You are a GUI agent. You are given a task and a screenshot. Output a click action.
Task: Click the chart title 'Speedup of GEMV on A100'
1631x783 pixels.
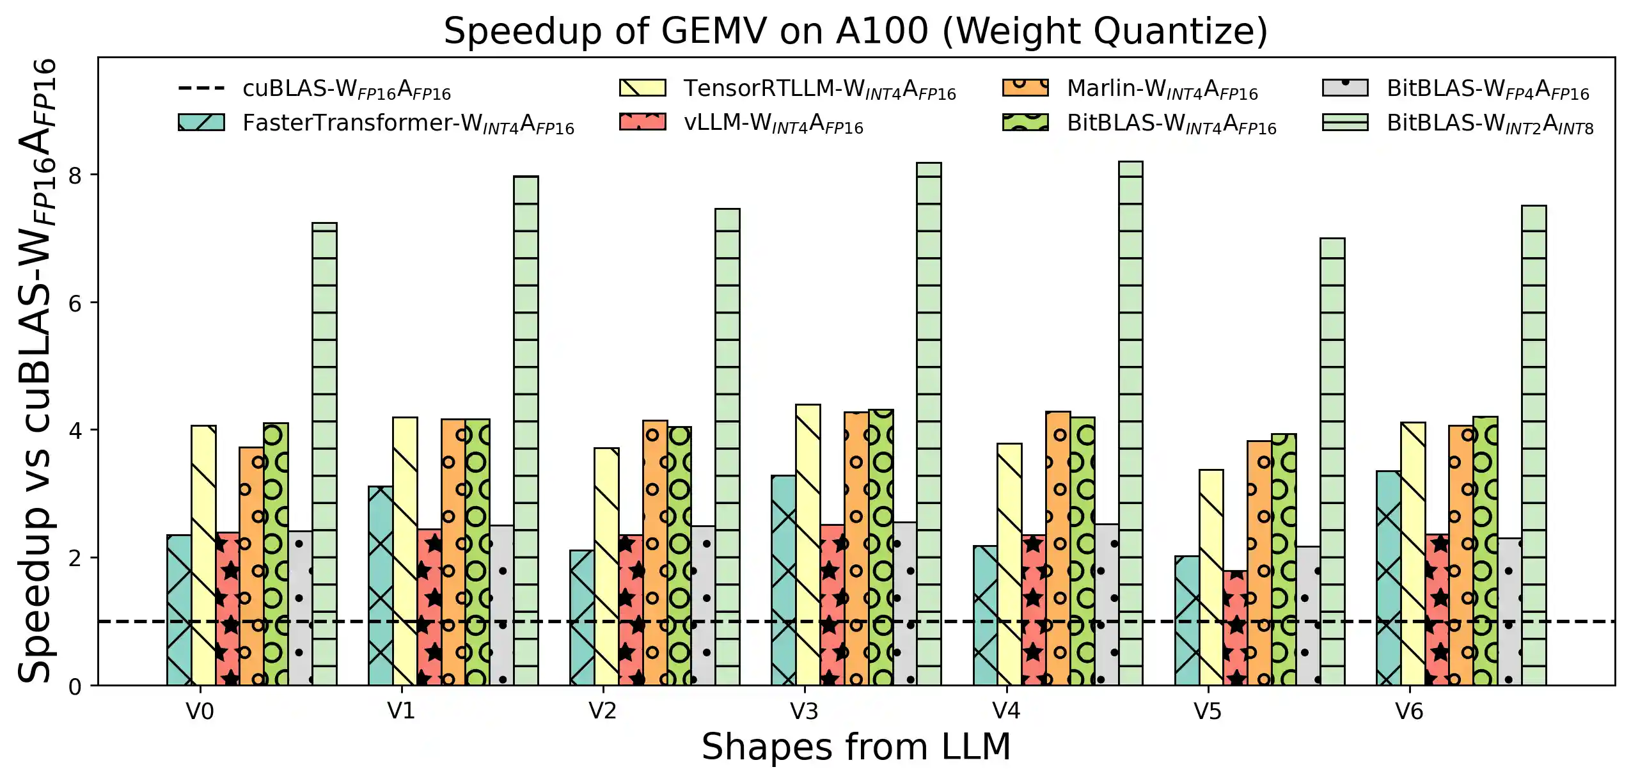(x=855, y=31)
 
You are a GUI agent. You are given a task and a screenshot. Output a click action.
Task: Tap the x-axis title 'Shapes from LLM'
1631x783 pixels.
(x=855, y=746)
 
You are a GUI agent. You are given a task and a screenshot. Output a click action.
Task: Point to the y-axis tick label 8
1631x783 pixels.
(x=75, y=175)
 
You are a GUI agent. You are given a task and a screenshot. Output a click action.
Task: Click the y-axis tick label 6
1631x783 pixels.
(x=75, y=303)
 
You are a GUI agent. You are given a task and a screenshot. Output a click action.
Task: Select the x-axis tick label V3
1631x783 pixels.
(x=804, y=711)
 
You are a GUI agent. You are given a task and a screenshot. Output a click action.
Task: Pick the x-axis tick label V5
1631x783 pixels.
(x=1207, y=711)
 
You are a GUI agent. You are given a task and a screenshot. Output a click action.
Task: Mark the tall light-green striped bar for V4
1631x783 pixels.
(x=1130, y=422)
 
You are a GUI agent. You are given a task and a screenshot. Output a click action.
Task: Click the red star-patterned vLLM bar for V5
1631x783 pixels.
(x=1235, y=627)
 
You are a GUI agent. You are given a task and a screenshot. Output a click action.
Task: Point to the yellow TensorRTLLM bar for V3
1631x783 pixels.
(x=808, y=544)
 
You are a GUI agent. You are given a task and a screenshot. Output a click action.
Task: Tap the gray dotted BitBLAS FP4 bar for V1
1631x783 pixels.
(x=501, y=605)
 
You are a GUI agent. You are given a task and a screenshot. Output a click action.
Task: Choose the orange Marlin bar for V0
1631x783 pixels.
(x=251, y=566)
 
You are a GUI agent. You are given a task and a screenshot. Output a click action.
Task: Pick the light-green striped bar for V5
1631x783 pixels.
(x=1332, y=461)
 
